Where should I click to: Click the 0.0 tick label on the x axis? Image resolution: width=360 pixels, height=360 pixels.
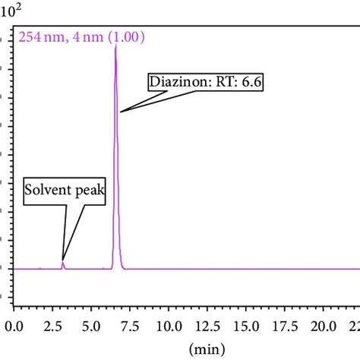(14, 326)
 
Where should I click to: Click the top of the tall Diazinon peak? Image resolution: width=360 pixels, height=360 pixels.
(115, 47)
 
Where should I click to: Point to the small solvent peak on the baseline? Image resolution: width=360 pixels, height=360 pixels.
(63, 264)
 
